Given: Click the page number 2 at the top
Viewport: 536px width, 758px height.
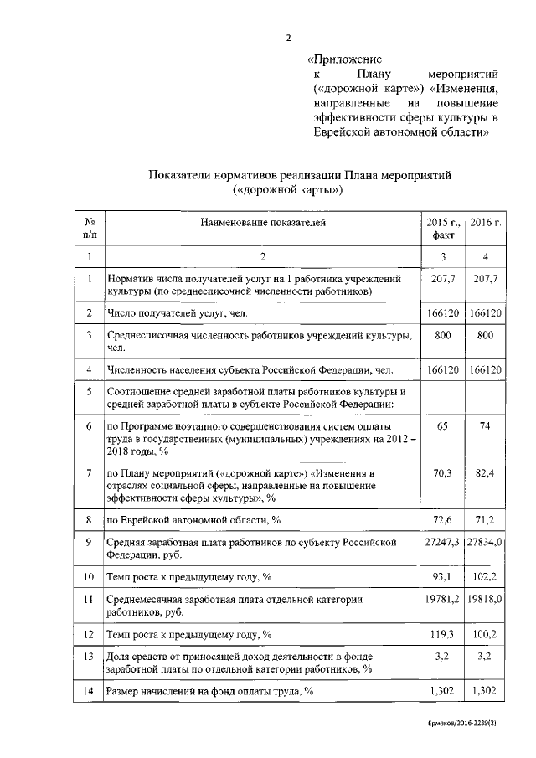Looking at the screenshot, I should coord(288,37).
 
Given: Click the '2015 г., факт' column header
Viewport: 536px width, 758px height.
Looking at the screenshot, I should coord(444,229).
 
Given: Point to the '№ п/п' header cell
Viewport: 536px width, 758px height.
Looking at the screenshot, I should coord(89,229).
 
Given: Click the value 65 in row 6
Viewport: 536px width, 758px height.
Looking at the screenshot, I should coord(444,426).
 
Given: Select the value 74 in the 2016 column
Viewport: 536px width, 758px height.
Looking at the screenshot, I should coord(485,426).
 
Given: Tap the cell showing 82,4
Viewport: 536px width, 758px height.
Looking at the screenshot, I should coord(485,473).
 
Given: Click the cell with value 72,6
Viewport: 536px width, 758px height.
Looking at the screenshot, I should coord(444,520).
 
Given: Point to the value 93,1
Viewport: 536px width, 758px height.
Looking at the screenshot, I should coord(444,576).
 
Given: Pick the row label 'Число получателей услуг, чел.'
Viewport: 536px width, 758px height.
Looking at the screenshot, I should coord(178,312).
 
